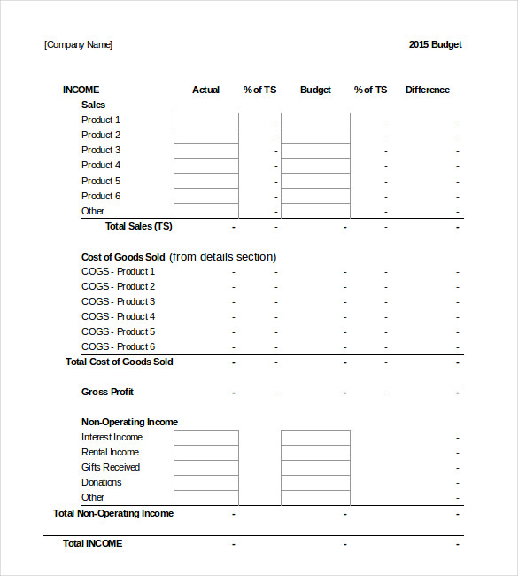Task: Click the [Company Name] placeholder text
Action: click(78, 45)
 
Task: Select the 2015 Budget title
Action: click(435, 45)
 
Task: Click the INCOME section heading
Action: click(81, 90)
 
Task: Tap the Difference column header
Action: click(427, 90)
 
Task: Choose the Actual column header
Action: click(205, 90)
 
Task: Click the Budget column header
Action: click(315, 90)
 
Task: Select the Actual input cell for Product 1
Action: click(205, 121)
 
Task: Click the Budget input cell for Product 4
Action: click(315, 166)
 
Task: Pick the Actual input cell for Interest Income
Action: click(205, 438)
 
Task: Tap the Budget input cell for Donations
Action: click(315, 483)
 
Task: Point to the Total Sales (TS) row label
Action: click(139, 227)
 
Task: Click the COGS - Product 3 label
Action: click(118, 302)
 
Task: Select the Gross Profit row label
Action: click(107, 393)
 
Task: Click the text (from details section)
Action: click(223, 257)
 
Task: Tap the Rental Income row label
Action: click(110, 453)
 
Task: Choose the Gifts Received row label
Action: click(111, 468)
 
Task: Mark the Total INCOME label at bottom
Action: click(92, 544)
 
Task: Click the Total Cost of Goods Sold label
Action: click(119, 362)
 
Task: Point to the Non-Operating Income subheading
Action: click(129, 423)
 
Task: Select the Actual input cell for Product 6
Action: click(205, 196)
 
